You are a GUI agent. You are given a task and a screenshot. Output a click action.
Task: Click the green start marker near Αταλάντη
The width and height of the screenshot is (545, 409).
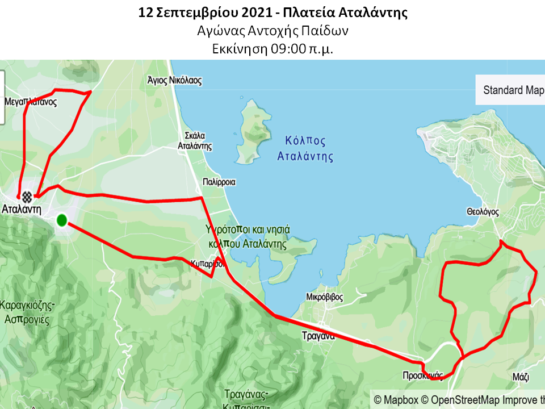point(62,220)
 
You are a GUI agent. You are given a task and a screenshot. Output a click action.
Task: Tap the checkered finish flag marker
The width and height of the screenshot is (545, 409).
point(26,197)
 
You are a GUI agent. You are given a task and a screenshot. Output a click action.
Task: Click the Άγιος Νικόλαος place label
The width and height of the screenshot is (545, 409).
point(174,81)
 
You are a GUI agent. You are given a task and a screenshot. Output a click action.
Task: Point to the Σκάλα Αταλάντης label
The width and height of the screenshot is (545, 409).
point(195,141)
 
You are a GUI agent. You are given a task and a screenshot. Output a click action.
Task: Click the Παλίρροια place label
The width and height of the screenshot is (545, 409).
point(219,182)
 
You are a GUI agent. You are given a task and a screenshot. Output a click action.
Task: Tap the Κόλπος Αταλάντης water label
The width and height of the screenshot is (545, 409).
point(305,148)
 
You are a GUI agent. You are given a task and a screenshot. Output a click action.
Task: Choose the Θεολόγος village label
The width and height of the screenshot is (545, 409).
point(483,212)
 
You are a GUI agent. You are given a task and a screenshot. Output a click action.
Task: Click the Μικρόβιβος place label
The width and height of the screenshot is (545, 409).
point(324,297)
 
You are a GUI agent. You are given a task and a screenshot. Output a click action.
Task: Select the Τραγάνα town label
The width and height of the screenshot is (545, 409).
point(318,336)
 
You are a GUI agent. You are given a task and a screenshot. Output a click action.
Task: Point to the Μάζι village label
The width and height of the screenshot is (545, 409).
point(520,376)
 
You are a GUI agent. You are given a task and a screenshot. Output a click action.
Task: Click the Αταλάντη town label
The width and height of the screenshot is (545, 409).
point(22,209)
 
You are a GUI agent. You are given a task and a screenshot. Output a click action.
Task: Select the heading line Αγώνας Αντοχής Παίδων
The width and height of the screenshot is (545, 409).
point(272,31)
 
